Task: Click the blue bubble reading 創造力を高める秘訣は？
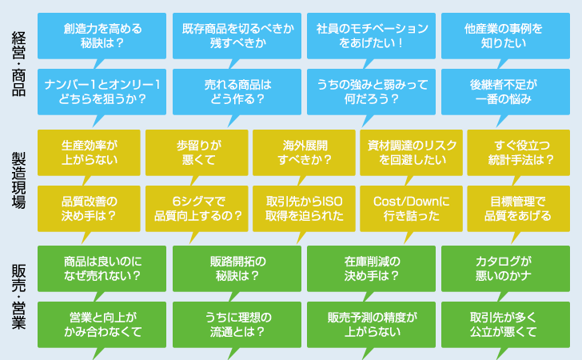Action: tap(102, 36)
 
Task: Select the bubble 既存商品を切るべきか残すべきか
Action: tap(237, 36)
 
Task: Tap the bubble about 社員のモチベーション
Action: tap(371, 36)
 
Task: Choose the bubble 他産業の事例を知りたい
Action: tap(505, 36)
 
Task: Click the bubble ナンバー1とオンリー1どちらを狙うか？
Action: tap(102, 92)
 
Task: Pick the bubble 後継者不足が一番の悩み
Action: tap(505, 92)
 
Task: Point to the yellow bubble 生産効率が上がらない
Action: tap(89, 152)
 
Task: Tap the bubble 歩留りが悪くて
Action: tap(197, 152)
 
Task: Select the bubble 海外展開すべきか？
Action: tap(304, 152)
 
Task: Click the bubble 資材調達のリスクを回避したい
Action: tap(411, 152)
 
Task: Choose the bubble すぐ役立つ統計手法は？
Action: tap(519, 152)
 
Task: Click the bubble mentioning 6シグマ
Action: tap(197, 209)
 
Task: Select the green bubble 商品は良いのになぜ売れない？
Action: tap(102, 269)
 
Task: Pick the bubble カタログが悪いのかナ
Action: tap(505, 269)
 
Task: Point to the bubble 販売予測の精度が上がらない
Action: tap(371, 324)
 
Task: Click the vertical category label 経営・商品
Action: tap(18, 64)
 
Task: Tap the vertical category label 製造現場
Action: tap(18, 180)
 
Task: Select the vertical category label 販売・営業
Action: tap(18, 297)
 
